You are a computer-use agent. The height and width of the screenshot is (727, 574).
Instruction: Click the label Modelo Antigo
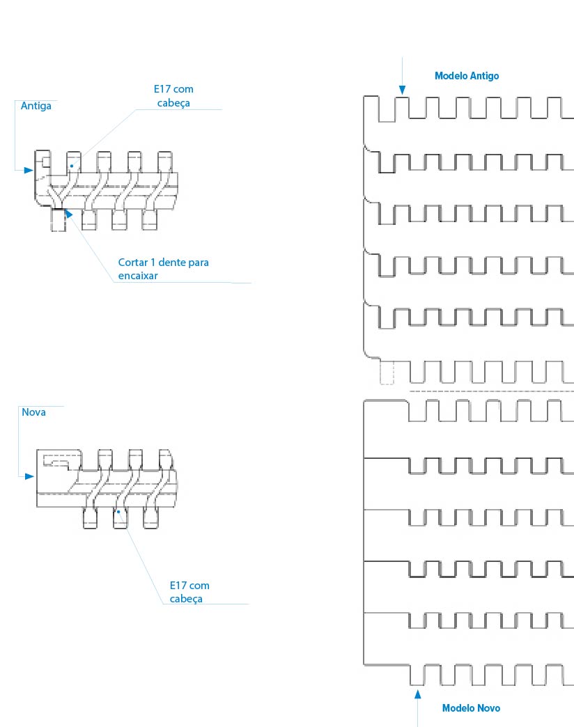click(x=467, y=76)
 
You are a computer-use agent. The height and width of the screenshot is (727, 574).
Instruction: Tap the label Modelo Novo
click(x=471, y=708)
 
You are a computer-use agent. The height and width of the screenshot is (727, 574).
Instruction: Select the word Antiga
click(x=36, y=106)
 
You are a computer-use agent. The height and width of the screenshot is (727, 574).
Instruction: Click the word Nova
click(x=34, y=412)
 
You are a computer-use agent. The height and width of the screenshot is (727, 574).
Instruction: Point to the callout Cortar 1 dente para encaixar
click(x=163, y=269)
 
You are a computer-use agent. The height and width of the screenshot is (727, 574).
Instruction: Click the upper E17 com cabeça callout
click(x=173, y=95)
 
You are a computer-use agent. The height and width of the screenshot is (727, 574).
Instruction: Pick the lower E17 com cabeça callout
click(x=189, y=592)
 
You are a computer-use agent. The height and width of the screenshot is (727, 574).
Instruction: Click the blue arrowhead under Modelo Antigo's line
click(x=403, y=90)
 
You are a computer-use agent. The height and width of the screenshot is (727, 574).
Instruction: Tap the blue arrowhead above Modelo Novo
click(x=418, y=694)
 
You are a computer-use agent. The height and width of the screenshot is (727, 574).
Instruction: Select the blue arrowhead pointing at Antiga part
click(x=29, y=170)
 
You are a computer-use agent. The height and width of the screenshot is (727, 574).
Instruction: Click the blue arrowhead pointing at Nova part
click(x=30, y=476)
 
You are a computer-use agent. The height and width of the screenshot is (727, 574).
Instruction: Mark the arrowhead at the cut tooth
click(x=68, y=214)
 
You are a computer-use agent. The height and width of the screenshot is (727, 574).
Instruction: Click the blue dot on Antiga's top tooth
click(x=72, y=166)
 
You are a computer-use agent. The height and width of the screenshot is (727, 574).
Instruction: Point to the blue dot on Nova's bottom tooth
click(x=118, y=512)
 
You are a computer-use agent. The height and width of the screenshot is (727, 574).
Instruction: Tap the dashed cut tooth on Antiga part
click(x=58, y=220)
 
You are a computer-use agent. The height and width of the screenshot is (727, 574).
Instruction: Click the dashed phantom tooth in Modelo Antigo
click(x=387, y=373)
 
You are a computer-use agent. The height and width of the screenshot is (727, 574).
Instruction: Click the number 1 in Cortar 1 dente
click(x=153, y=263)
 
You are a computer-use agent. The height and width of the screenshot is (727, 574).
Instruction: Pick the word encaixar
click(x=138, y=275)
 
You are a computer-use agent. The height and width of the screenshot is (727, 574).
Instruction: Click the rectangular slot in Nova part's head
click(x=56, y=460)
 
